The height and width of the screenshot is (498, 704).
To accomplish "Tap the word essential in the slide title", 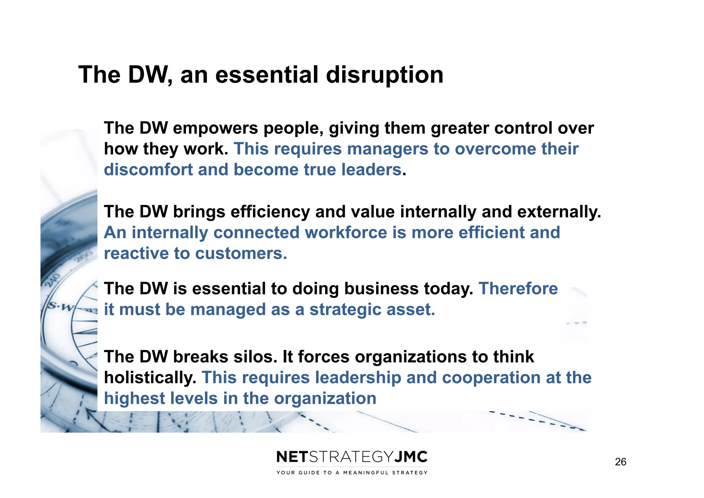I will [x=267, y=75].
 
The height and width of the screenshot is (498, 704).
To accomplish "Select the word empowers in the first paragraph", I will [x=215, y=128].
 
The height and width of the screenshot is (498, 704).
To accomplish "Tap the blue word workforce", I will [x=346, y=232].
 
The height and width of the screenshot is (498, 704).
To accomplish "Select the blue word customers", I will [x=241, y=253].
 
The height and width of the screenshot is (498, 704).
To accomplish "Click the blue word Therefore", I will [x=518, y=289].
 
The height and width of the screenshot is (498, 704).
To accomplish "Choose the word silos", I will [x=255, y=357].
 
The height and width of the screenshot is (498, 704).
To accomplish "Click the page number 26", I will [x=620, y=462].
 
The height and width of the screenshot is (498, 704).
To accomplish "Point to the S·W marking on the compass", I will [x=60, y=306].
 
